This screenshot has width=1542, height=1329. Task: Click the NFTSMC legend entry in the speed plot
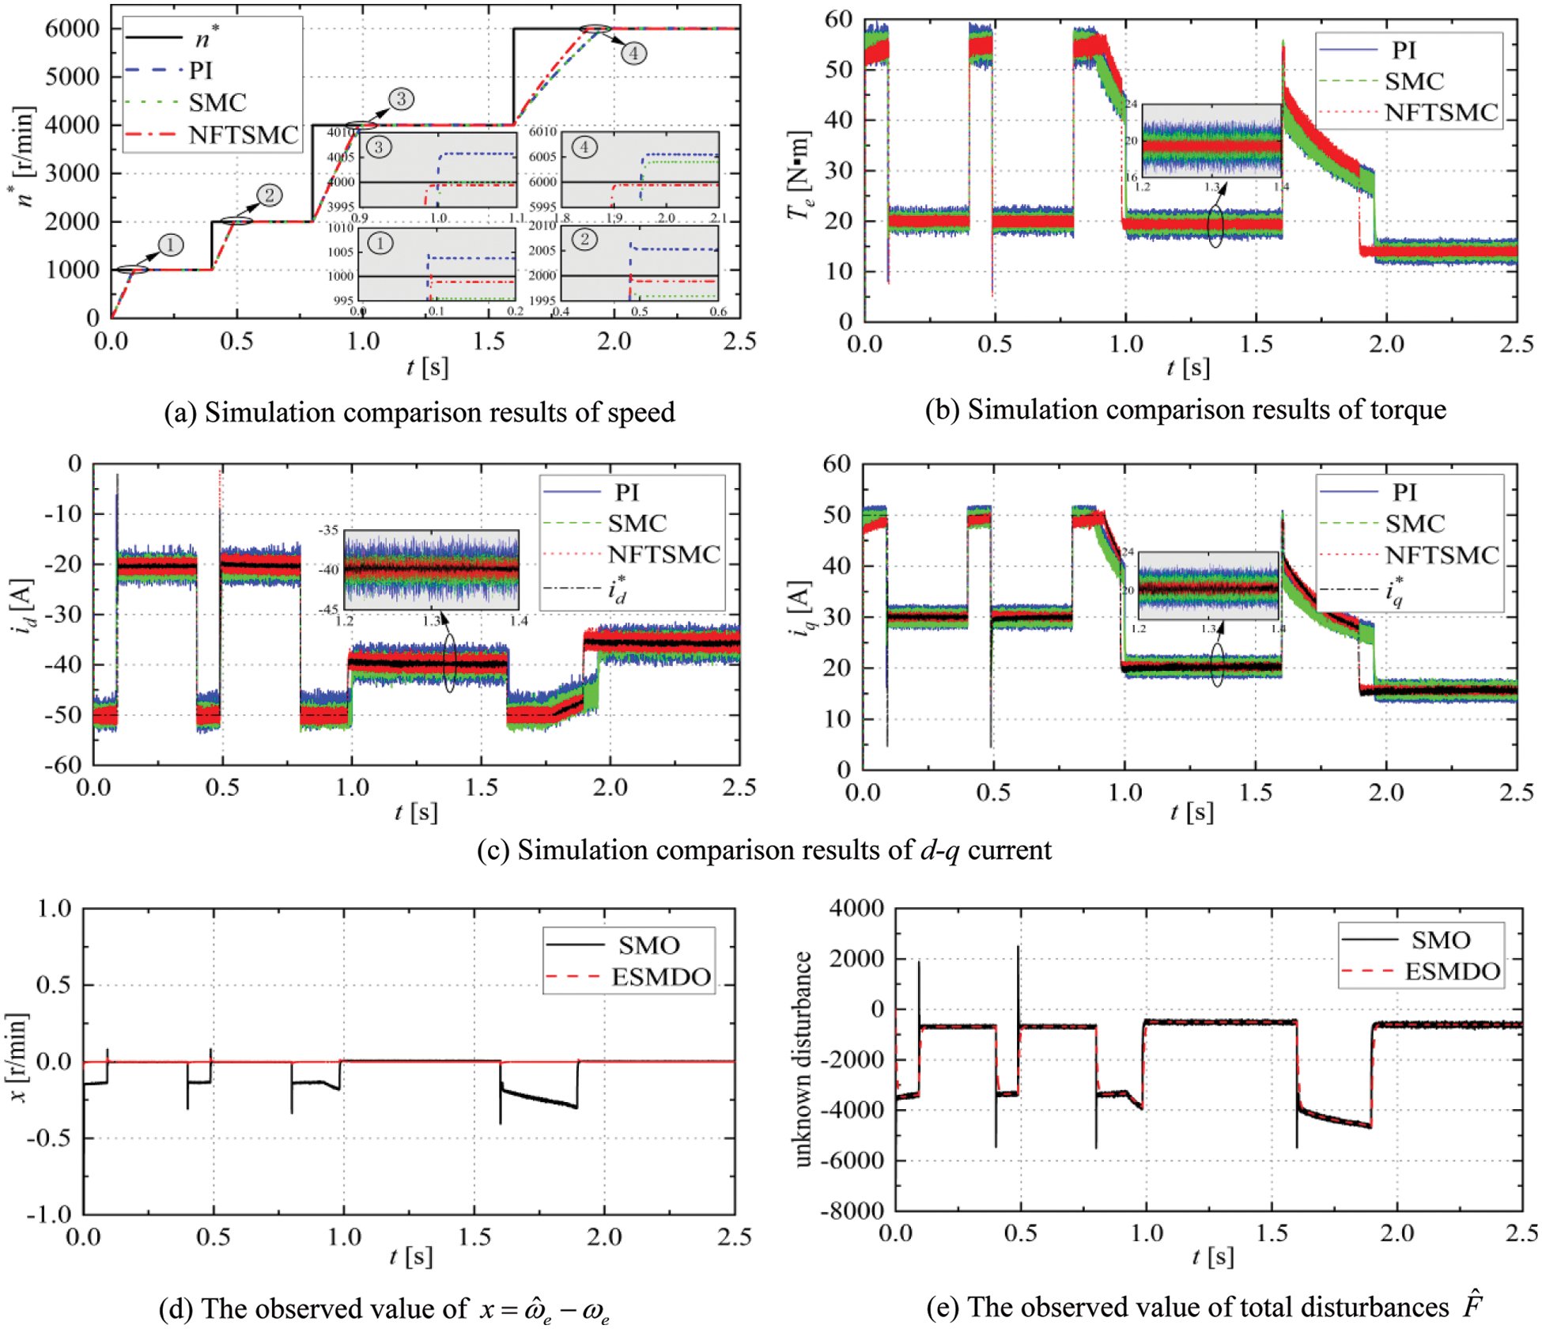[x=244, y=135]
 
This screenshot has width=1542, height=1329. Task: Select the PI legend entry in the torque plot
[x=1404, y=51]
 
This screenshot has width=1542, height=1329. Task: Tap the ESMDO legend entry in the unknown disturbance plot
[x=1452, y=971]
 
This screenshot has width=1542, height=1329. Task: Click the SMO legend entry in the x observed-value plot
[x=648, y=945]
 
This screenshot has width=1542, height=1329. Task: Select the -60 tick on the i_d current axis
[x=63, y=765]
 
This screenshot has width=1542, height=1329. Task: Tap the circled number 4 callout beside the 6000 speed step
[x=633, y=53]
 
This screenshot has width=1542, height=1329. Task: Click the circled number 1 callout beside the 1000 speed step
[x=170, y=245]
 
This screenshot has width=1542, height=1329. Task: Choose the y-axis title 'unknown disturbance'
[x=803, y=1060]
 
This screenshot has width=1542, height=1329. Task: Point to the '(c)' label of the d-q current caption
[x=493, y=850]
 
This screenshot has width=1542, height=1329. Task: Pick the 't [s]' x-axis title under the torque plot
[x=1188, y=367]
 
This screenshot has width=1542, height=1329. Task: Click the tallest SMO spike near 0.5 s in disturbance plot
[x=1018, y=948]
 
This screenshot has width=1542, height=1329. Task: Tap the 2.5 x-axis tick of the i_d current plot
[x=739, y=789]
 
